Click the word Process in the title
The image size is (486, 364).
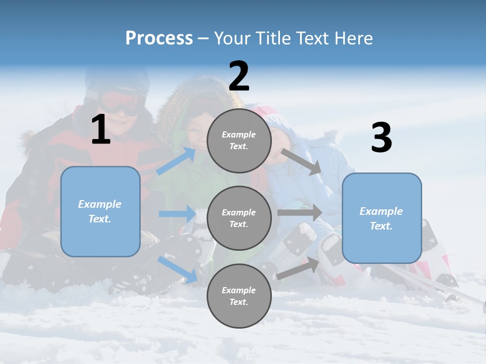pos(159,38)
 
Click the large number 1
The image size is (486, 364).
pos(101,129)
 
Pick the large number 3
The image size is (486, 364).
pos(381,138)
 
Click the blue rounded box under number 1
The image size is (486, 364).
pos(100,211)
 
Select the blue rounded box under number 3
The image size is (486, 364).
pos(382,218)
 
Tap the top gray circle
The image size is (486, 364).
pos(239,141)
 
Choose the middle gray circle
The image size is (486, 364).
pos(239,218)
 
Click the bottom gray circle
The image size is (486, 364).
pos(239,296)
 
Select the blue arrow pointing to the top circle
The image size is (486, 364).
pos(176,161)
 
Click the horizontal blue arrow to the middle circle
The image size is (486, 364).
pos(177,214)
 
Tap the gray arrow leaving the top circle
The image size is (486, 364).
pos(301,162)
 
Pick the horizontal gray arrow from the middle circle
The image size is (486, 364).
pos(300,212)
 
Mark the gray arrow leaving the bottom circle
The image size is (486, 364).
pos(298,268)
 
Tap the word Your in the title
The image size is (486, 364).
pos(231,38)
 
